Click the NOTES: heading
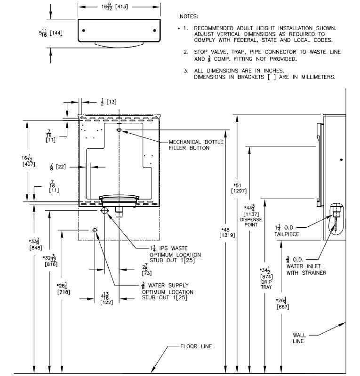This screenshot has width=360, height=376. pyautogui.click(x=189, y=16)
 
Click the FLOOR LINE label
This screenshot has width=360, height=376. pyautogui.click(x=196, y=346)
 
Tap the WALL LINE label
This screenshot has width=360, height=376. pyautogui.click(x=299, y=338)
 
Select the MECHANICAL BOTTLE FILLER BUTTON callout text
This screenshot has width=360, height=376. pyautogui.click(x=196, y=145)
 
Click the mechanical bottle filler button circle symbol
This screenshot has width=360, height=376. pyautogui.click(x=119, y=130)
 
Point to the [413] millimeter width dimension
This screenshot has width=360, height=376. pyautogui.click(x=121, y=7)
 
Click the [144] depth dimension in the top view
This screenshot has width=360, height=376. pyautogui.click(x=56, y=33)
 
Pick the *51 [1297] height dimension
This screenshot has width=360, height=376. pyautogui.click(x=239, y=188)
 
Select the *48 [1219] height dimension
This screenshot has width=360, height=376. pyautogui.click(x=227, y=232)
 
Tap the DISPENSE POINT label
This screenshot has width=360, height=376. pyautogui.click(x=251, y=222)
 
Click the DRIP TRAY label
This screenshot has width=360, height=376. pyautogui.click(x=266, y=284)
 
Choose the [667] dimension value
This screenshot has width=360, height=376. pyautogui.click(x=283, y=307)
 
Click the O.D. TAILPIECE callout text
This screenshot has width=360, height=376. pyautogui.click(x=287, y=231)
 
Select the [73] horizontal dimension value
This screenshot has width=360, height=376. pyautogui.click(x=147, y=273)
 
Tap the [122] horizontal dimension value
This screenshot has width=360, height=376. pyautogui.click(x=106, y=302)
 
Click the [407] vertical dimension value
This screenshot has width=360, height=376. pyautogui.click(x=29, y=164)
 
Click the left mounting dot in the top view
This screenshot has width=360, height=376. pyautogui.click(x=83, y=31)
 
